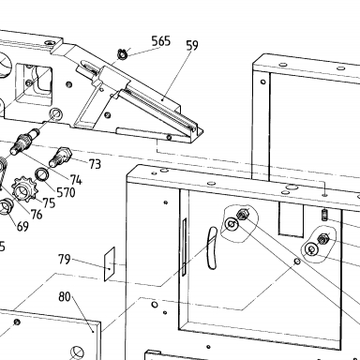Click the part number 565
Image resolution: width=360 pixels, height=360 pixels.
pyautogui.click(x=161, y=41)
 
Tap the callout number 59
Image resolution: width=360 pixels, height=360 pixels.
pyautogui.click(x=192, y=45)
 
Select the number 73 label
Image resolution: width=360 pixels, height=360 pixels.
pyautogui.click(x=95, y=164)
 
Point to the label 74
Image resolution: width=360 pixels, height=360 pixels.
pyautogui.click(x=76, y=180)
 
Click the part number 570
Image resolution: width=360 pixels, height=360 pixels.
pyautogui.click(x=66, y=192)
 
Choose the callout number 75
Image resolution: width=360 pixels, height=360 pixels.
pyautogui.click(x=49, y=203)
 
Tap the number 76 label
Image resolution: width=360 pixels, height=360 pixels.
pyautogui.click(x=37, y=215)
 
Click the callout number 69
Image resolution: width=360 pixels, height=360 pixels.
pyautogui.click(x=22, y=226)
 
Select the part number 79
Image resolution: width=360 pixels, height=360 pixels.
pyautogui.click(x=65, y=259)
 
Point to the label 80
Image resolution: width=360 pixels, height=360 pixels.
pyautogui.click(x=65, y=296)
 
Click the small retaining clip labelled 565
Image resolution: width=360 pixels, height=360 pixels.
pyautogui.click(x=122, y=53)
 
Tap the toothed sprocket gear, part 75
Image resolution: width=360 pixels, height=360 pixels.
pyautogui.click(x=22, y=188)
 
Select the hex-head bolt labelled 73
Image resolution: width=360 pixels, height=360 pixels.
pyautogui.click(x=60, y=157)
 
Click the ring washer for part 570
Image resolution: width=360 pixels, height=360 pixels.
pyautogui.click(x=41, y=174)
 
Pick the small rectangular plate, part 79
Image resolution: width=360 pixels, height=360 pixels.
pyautogui.click(x=110, y=263)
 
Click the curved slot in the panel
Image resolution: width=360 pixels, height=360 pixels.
pyautogui.click(x=212, y=247)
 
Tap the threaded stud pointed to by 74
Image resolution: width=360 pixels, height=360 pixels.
pyautogui.click(x=24, y=142)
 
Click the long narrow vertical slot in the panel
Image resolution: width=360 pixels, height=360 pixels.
pyautogui.click(x=184, y=247)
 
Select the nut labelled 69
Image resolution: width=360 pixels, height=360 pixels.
pyautogui.click(x=6, y=206)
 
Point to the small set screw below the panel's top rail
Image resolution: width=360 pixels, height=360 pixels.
pyautogui.click(x=324, y=215)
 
